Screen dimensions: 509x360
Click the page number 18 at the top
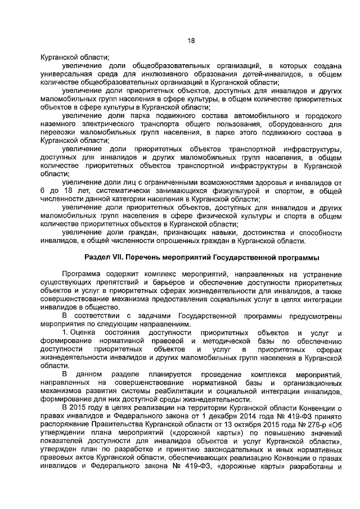point(191,40)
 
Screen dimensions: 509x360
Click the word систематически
point(93,191)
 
